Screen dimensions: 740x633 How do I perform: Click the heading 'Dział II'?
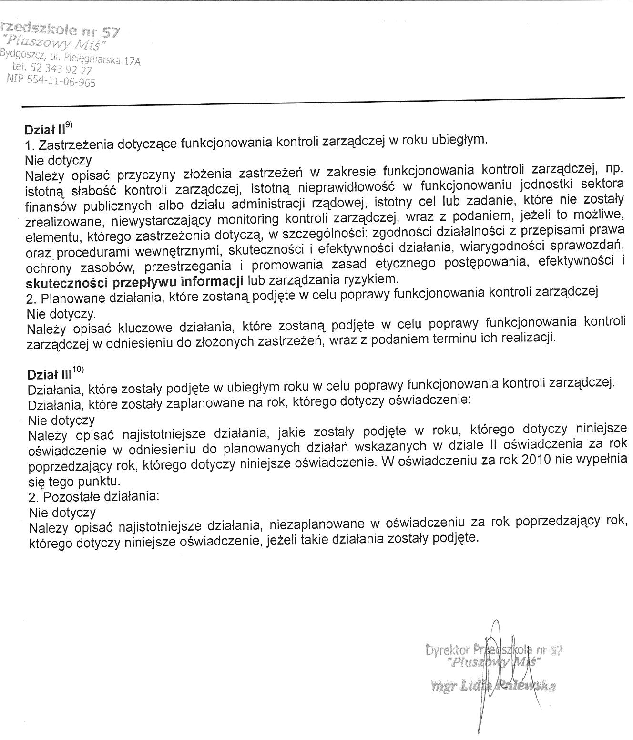point(44,130)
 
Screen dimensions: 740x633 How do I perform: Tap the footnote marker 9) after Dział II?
point(69,125)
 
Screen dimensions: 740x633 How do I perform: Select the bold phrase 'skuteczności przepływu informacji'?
point(134,282)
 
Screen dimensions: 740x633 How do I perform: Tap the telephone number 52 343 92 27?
point(61,70)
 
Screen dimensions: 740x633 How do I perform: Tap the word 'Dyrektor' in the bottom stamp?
point(448,650)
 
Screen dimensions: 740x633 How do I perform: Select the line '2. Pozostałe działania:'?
point(93,496)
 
